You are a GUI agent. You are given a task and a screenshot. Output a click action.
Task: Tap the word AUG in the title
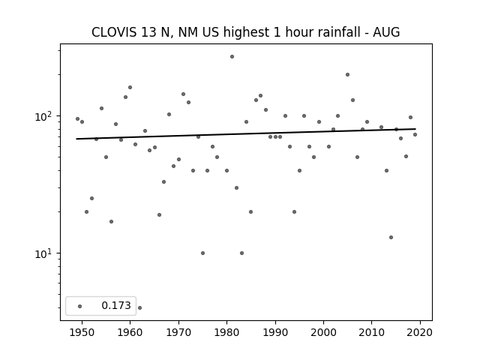tap(386, 32)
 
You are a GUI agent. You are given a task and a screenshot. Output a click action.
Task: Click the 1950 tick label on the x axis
tap(82, 332)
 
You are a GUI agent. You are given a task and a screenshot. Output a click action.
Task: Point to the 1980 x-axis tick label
tap(226, 332)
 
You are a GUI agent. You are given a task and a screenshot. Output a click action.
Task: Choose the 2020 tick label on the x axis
tap(420, 332)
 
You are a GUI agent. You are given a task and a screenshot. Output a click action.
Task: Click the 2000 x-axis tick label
tap(323, 332)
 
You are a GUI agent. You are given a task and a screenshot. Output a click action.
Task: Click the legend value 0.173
tap(116, 305)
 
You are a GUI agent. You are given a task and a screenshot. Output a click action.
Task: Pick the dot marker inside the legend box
tap(80, 306)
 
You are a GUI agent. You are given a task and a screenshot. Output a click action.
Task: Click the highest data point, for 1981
tap(232, 57)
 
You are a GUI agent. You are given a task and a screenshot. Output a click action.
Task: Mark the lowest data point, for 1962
tap(140, 307)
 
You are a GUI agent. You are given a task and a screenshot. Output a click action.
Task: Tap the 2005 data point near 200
tap(347, 75)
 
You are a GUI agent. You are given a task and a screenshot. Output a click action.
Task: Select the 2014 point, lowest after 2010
tap(391, 237)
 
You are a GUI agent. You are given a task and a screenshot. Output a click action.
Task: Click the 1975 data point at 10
tap(202, 253)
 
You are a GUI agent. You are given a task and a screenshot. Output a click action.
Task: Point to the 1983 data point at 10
tap(241, 253)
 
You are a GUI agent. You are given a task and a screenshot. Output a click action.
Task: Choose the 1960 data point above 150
tap(130, 87)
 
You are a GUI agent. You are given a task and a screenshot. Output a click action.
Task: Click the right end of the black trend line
tap(415, 129)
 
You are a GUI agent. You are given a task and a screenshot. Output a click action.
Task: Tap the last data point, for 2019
tap(415, 135)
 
